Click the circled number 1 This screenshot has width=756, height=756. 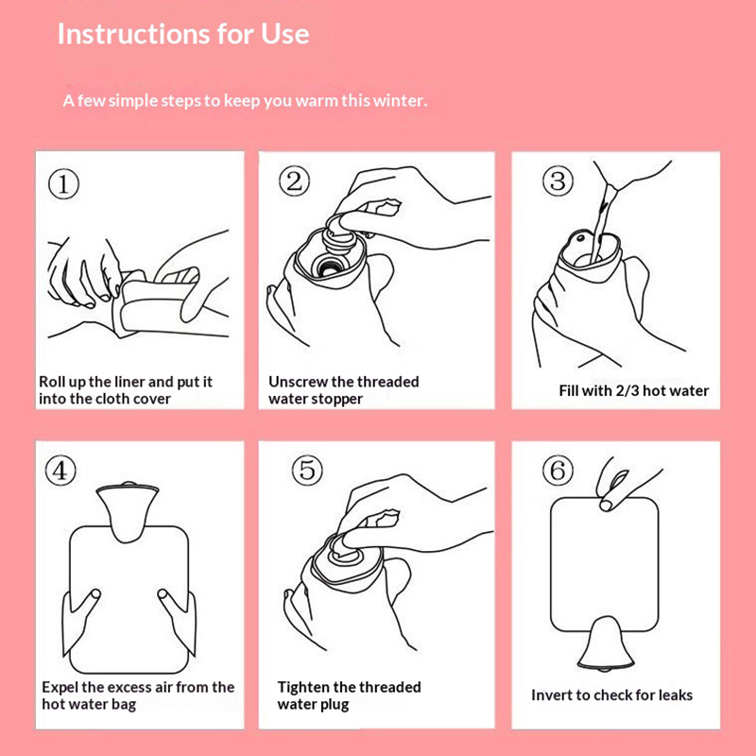click(63, 183)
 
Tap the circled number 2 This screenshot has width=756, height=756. click(294, 180)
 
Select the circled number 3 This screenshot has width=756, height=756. click(558, 180)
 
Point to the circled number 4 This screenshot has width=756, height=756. click(60, 471)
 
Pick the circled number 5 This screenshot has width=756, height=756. click(307, 470)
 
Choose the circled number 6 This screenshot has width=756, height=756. click(558, 470)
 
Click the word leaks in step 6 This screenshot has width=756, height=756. click(675, 695)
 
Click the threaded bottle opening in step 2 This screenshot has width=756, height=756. click(328, 266)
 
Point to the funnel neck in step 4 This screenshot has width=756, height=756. click(128, 511)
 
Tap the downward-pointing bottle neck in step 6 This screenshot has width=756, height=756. click(606, 644)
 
